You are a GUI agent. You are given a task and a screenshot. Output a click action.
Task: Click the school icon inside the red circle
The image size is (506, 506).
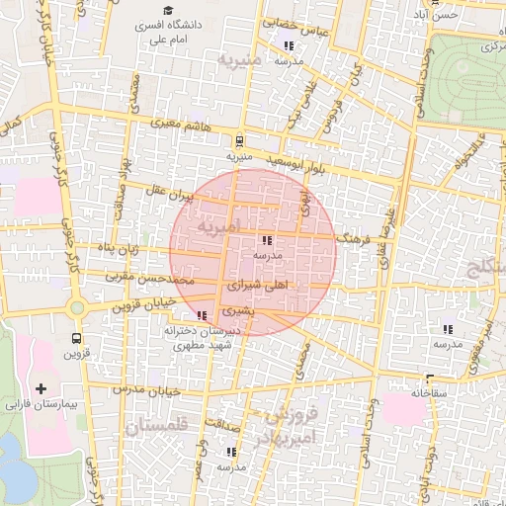(266, 240)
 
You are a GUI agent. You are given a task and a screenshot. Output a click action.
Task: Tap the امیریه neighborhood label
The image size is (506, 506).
(218, 226)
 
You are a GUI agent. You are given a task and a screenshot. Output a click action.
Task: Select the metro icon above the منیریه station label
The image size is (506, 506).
(240, 141)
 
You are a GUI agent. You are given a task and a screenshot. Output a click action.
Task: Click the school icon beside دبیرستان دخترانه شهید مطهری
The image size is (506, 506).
(203, 315)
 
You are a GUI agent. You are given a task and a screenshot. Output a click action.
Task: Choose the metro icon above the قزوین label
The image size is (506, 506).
(76, 336)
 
